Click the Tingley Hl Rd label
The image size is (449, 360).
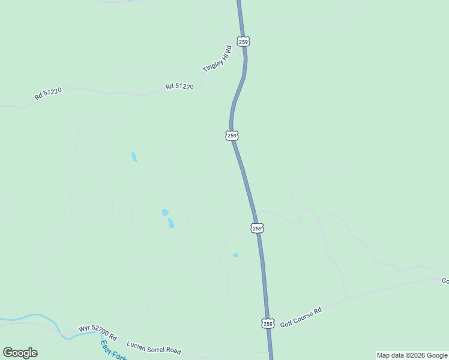(x=217, y=59)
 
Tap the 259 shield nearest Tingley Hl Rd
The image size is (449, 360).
(x=243, y=41)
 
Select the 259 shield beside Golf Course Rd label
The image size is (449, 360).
(x=268, y=323)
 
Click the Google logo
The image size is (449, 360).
(x=20, y=353)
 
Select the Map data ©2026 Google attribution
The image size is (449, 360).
(x=412, y=355)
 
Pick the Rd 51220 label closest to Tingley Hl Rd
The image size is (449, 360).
(x=179, y=87)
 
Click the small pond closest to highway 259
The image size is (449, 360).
(x=235, y=255)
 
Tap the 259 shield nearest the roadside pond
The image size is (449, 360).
(x=257, y=228)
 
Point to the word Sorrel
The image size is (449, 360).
(x=154, y=348)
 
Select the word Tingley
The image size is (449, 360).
(x=210, y=65)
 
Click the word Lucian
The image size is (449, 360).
(x=135, y=344)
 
